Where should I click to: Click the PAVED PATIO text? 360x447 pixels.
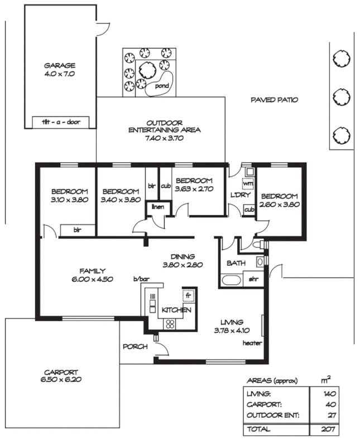pyautogui.click(x=273, y=100)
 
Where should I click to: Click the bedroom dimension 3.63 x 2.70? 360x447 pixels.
pyautogui.click(x=194, y=189)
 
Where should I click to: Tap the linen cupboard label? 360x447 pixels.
pyautogui.click(x=157, y=207)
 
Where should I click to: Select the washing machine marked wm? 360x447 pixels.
pyautogui.click(x=248, y=183)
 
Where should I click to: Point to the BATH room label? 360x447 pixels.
pyautogui.click(x=233, y=263)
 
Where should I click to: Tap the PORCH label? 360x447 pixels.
pyautogui.click(x=135, y=346)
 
